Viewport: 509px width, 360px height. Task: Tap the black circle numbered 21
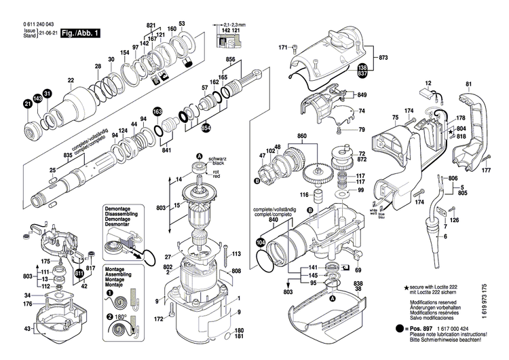point(28,104)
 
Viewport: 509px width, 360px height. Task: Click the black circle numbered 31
point(47,93)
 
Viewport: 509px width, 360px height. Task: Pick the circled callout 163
point(157,112)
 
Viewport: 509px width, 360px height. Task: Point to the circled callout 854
point(206,128)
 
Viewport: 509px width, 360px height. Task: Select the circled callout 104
point(261,241)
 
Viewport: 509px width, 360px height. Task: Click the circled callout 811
point(79,274)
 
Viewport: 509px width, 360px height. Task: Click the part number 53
point(182,24)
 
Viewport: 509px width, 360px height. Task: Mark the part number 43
point(26,329)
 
